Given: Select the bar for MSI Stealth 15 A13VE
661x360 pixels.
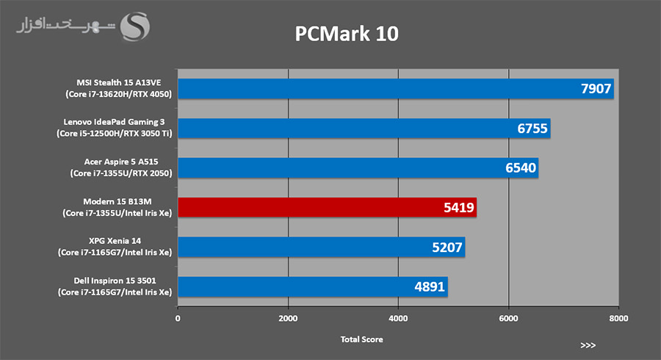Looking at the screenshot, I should pos(367,89).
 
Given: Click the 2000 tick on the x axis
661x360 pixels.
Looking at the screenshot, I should pos(288,319).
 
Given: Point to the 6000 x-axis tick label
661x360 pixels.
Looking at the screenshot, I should pos(508,319).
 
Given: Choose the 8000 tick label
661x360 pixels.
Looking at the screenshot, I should pos(618,319).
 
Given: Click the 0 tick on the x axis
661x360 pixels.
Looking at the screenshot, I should pos(178,319).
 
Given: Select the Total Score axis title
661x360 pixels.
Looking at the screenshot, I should pos(361,339).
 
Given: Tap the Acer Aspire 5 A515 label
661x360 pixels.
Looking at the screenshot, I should pos(121,168).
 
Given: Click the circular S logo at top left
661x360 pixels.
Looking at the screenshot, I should pos(135,28).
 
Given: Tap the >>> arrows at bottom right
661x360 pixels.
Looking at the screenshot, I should pos(587,345).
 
